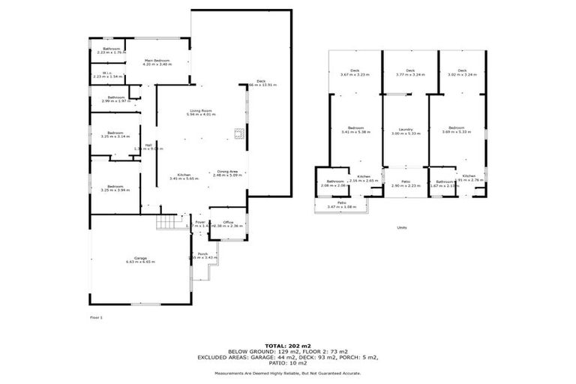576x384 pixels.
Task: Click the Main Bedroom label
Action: (x=157, y=62)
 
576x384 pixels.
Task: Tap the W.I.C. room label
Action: (x=106, y=75)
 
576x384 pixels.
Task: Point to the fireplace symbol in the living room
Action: (x=238, y=135)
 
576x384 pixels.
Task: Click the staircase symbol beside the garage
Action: (x=164, y=223)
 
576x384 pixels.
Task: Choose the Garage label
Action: (x=139, y=259)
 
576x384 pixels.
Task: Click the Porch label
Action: (x=202, y=256)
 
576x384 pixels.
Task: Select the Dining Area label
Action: (x=227, y=174)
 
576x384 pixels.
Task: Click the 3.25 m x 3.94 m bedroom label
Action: (x=115, y=188)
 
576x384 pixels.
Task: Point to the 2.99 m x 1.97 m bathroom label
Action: (x=115, y=99)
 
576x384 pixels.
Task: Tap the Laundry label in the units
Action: (x=406, y=130)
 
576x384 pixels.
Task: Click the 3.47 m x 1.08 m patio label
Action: (x=341, y=204)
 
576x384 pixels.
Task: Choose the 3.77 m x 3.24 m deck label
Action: (x=409, y=73)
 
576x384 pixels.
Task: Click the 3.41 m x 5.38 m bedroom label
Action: (x=355, y=130)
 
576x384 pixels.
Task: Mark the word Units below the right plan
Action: (x=402, y=228)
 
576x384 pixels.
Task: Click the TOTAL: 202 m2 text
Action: (x=287, y=344)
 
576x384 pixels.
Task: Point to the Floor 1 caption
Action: (x=96, y=318)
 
